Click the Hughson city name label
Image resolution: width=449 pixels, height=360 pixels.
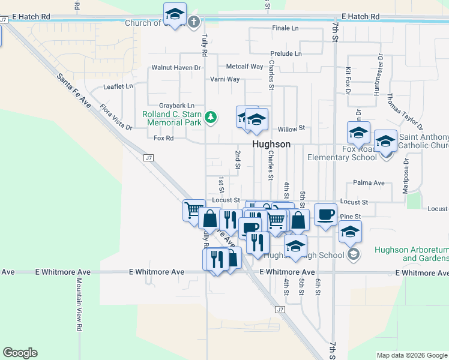271,145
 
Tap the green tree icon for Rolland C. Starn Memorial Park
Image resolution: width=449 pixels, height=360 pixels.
210,116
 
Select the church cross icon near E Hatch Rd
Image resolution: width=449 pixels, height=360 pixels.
193,23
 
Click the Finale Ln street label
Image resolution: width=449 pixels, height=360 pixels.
285,28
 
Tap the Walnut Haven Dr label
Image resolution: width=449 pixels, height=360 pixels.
176,68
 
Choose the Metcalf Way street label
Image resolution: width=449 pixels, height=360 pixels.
244,67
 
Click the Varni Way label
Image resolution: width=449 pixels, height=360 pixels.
224,79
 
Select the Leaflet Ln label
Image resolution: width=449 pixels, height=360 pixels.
118,86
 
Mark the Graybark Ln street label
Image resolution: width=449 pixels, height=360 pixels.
176,106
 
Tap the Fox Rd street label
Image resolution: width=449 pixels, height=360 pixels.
163,138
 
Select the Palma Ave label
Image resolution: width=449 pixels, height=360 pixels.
369,182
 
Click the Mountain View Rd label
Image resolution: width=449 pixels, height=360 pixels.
78,304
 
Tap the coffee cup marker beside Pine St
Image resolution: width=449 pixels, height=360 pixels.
325,214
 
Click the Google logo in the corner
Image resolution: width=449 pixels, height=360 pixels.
20,353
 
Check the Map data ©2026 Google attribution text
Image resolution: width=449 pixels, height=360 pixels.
411,355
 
